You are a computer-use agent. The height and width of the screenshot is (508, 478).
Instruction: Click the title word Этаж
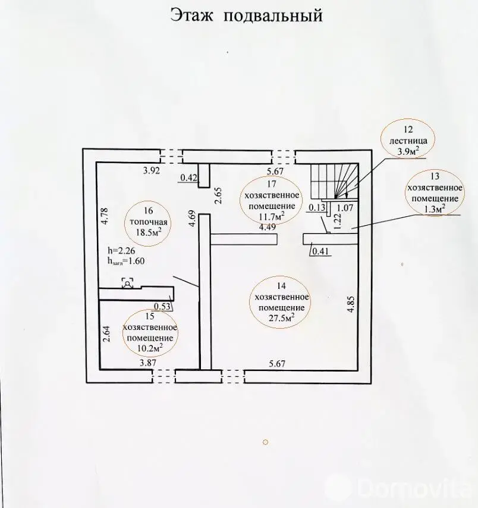pos(192,15)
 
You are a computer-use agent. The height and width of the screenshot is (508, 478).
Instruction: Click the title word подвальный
pos(273,16)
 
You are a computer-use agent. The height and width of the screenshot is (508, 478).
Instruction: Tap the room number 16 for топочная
pos(148,211)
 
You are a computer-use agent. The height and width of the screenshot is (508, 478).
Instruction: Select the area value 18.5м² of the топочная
pos(149,233)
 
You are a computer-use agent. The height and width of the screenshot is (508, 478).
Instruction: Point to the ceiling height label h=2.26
pos(121,251)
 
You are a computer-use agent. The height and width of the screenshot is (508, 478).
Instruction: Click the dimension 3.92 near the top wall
pos(152,170)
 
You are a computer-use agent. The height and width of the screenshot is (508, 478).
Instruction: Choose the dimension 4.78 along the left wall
pos(104,216)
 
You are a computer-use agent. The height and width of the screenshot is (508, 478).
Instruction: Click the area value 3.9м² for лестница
pos(408,151)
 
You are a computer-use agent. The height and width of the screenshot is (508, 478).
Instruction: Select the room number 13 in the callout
pos(435,176)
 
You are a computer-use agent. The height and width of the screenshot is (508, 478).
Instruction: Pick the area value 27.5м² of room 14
pos(281,317)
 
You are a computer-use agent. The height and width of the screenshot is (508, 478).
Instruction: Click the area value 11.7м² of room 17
pos(272,216)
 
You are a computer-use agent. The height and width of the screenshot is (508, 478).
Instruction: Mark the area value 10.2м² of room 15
pos(150,348)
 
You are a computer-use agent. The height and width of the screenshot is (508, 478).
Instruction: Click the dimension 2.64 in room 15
pos(107,334)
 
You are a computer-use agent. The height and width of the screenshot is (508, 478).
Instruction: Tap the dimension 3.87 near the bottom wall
pos(148,363)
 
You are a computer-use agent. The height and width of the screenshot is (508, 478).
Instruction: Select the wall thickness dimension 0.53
pos(162,306)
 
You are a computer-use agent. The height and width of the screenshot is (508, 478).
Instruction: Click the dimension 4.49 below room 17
pos(267,227)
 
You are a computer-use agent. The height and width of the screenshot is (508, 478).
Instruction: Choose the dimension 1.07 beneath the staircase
pos(345,208)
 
